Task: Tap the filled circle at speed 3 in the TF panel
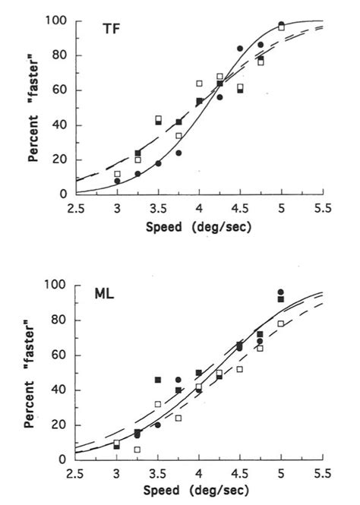point(117,181)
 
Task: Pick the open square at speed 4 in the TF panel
point(199,84)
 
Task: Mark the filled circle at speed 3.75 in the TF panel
point(179,153)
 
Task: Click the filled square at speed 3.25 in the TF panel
point(138,153)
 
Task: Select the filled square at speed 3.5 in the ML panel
point(158,380)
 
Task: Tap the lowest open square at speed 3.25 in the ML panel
point(137,450)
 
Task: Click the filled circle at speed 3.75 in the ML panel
point(178,380)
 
